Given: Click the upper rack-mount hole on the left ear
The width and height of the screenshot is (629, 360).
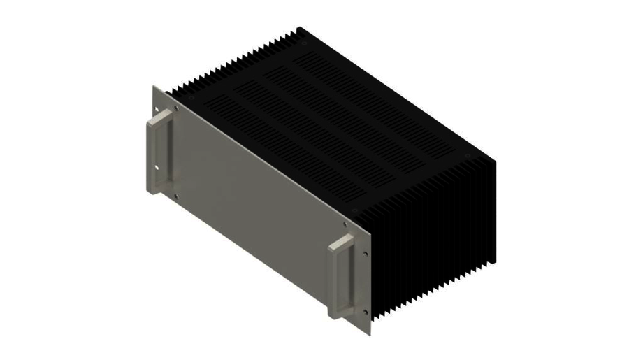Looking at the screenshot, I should pos(157,111).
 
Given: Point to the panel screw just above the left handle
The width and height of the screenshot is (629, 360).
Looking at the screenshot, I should pos(176,108).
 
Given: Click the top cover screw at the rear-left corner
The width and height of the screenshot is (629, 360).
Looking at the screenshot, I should pos(302,40).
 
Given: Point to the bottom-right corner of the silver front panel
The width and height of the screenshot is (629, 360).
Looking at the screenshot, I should pos(368,331).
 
